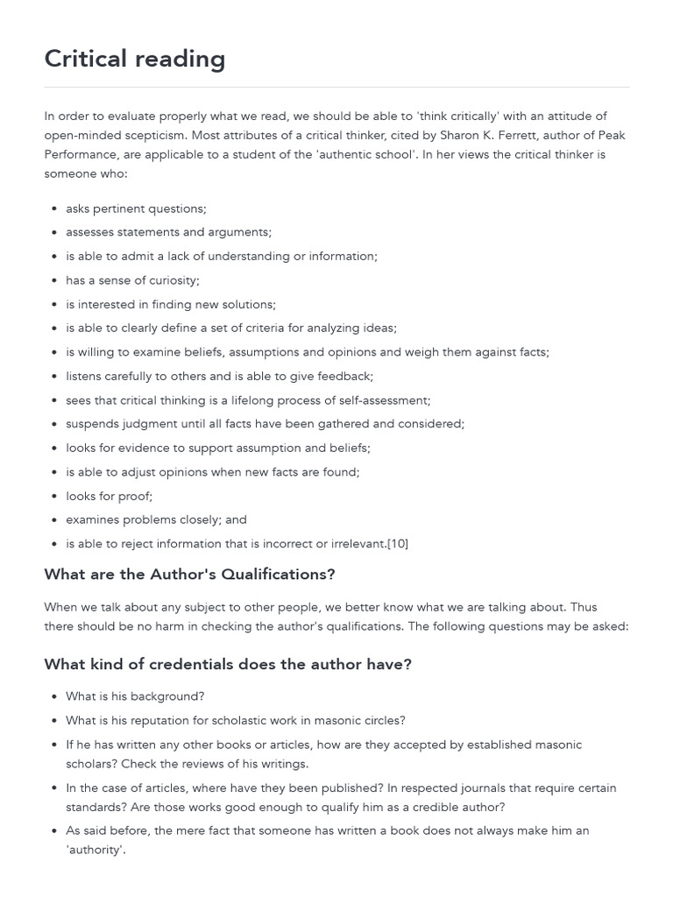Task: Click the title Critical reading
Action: point(135,59)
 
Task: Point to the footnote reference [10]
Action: point(398,543)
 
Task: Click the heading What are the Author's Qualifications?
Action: point(189,575)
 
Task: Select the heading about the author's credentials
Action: point(228,664)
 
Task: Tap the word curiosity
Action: point(171,280)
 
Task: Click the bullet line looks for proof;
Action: point(109,496)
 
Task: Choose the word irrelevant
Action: point(358,543)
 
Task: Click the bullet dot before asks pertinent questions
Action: point(55,208)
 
